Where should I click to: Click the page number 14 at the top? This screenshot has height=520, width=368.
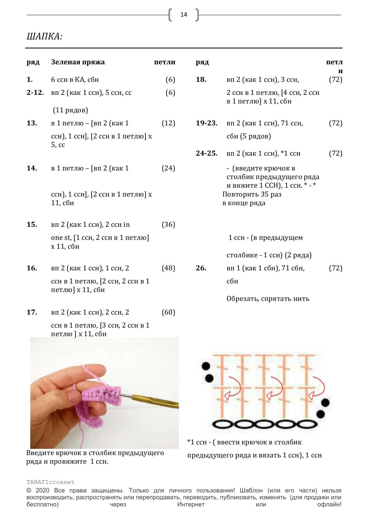click(184, 15)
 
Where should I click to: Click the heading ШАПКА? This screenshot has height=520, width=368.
click(44, 37)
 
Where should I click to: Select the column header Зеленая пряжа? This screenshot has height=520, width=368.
click(78, 62)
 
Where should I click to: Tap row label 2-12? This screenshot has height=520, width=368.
click(35, 93)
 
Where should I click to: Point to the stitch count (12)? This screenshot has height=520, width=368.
click(168, 123)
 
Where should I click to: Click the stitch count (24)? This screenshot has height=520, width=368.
click(168, 168)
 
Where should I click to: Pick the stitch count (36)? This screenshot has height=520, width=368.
click(168, 225)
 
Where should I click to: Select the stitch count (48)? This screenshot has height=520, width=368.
click(168, 268)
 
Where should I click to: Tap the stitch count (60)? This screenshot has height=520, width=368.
click(168, 312)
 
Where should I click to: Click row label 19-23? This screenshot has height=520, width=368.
click(206, 123)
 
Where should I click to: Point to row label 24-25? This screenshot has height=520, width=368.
click(206, 154)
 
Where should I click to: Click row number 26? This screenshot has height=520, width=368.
click(201, 268)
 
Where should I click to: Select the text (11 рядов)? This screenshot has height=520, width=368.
click(71, 110)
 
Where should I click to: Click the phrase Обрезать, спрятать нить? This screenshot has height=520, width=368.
click(268, 299)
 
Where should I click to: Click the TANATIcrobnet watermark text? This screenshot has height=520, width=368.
click(50, 482)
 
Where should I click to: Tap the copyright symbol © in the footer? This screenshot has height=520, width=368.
click(29, 491)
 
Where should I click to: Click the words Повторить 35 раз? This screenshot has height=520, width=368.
click(252, 194)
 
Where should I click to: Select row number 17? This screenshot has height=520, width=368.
click(32, 312)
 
